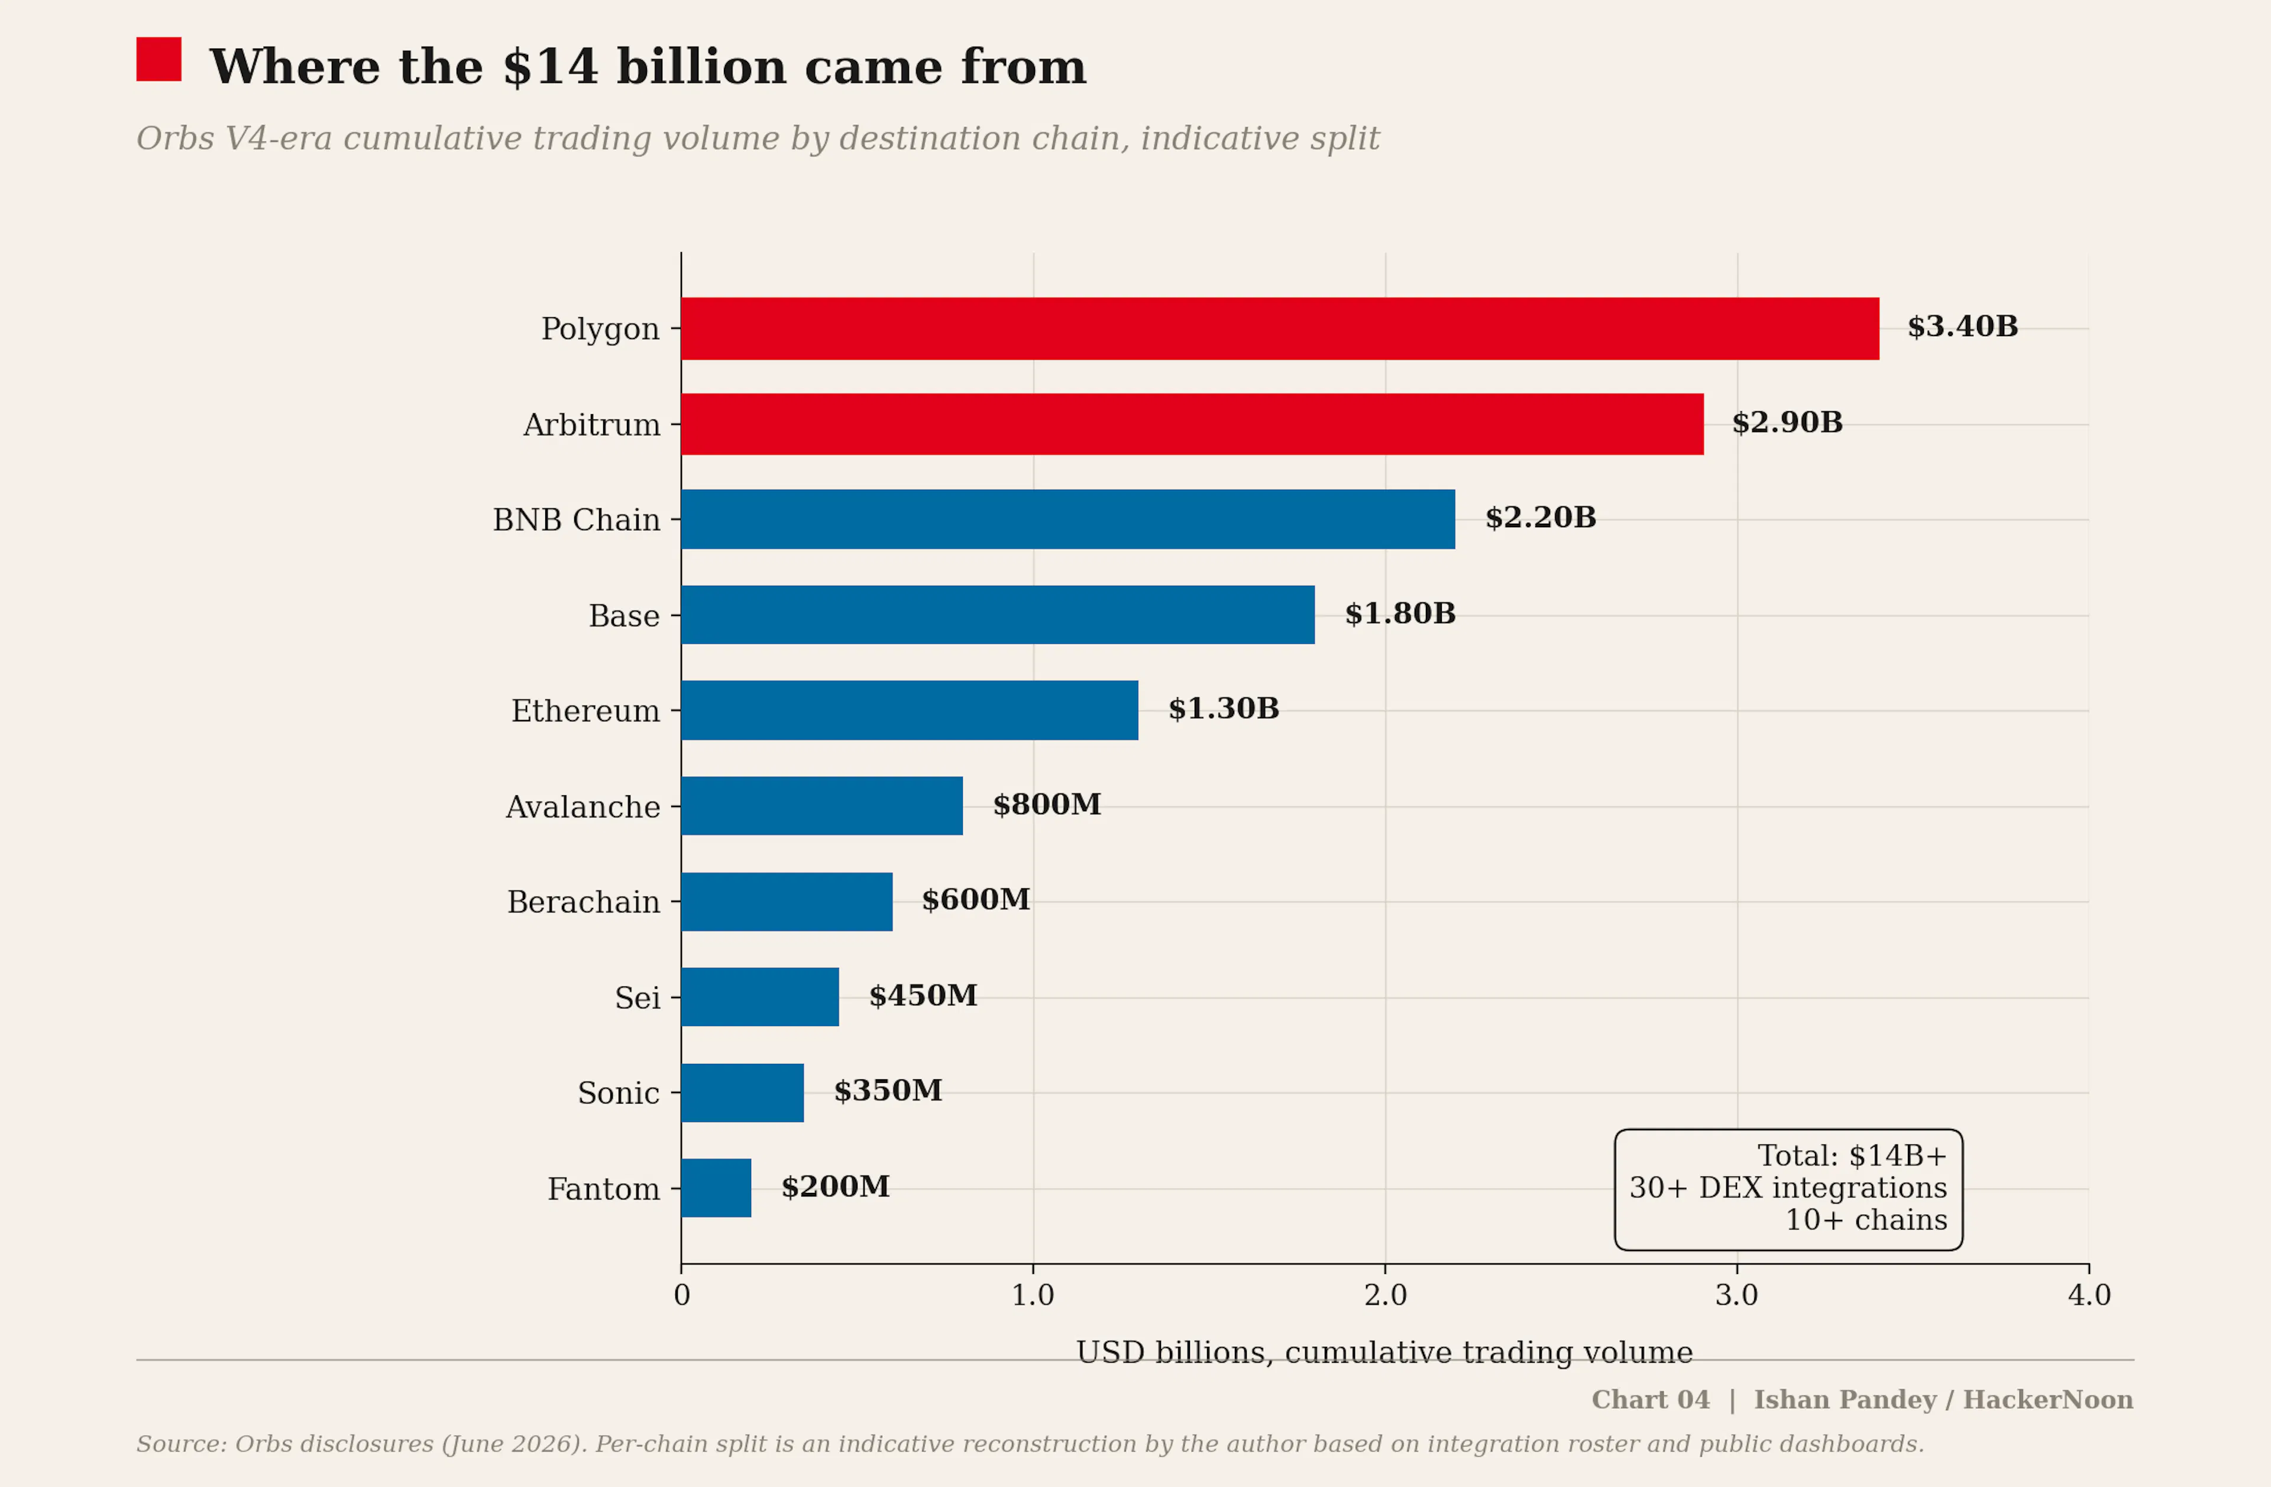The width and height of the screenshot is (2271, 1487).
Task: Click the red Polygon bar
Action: [1280, 328]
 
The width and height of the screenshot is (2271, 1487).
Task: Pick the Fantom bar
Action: [716, 1188]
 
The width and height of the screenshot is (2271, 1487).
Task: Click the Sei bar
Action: [759, 996]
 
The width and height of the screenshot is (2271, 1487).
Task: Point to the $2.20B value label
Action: [1540, 517]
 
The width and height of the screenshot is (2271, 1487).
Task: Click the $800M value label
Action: [1047, 804]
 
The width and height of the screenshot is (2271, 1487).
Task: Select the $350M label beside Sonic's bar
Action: [888, 1090]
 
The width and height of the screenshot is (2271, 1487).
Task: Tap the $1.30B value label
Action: [1223, 708]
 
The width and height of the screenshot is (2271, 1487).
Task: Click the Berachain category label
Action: [583, 902]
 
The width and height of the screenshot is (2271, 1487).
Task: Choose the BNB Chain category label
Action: [577, 520]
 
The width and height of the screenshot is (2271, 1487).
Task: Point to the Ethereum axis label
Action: [585, 711]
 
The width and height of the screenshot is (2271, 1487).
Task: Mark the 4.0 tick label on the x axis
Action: [2089, 1295]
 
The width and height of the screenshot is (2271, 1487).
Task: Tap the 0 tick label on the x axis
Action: [681, 1295]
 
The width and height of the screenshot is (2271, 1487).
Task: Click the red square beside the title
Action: [158, 59]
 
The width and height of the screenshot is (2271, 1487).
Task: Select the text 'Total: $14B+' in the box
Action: [1851, 1156]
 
